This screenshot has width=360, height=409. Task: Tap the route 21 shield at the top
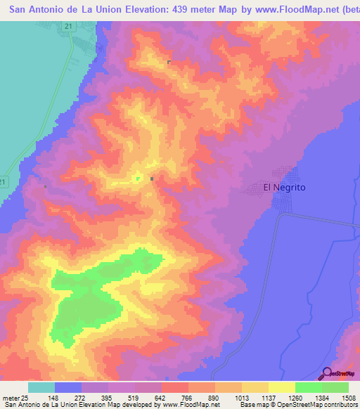[67, 26]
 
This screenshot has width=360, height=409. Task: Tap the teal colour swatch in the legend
[41, 387]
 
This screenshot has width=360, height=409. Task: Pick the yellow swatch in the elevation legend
[281, 387]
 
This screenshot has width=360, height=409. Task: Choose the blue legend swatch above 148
[67, 387]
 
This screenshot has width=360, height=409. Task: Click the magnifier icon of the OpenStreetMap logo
[325, 373]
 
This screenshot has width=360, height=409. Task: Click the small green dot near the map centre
[138, 178]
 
